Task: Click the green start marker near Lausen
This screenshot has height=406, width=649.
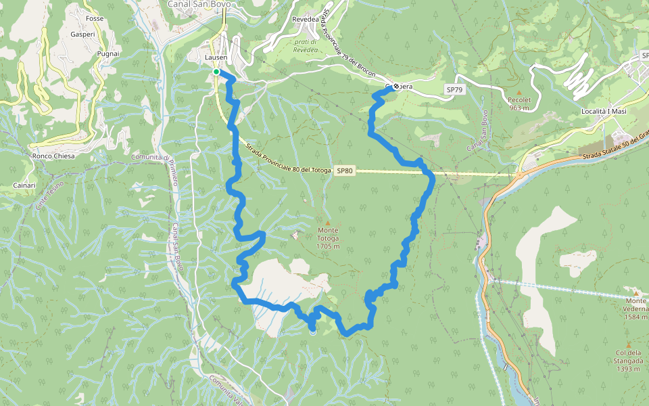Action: [216, 72]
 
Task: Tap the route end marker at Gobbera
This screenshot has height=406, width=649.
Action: [395, 87]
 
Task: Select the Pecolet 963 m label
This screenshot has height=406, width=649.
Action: [519, 104]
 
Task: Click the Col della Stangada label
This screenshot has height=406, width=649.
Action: [629, 357]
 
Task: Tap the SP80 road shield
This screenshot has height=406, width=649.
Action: [344, 171]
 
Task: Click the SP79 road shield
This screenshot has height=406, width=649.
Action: [454, 89]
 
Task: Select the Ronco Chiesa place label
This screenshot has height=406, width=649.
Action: [53, 156]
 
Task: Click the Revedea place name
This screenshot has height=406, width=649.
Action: [305, 20]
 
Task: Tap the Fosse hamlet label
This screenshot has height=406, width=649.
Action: [95, 18]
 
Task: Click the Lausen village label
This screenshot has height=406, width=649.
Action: [216, 58]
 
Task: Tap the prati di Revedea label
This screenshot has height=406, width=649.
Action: [306, 45]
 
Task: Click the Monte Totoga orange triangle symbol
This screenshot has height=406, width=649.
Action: [328, 223]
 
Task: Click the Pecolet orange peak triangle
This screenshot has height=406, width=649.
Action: [519, 92]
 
